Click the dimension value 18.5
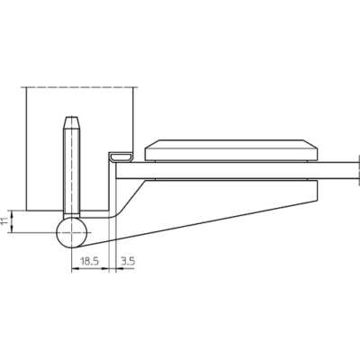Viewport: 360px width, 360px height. pyautogui.click(x=89, y=261)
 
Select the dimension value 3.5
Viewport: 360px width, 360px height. pyautogui.click(x=128, y=261)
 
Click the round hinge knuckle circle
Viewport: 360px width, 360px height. pyautogui.click(x=72, y=232)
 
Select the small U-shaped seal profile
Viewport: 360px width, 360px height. pyautogui.click(x=121, y=157)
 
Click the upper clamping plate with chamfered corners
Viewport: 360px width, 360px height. pyautogui.click(x=231, y=149)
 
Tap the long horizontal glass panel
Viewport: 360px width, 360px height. pyautogui.click(x=237, y=171)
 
